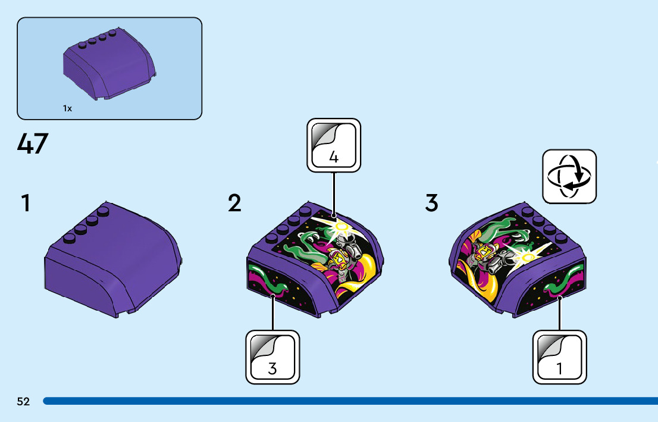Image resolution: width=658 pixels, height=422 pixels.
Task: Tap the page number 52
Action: click(x=23, y=401)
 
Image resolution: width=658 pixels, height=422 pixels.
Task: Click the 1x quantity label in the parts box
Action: click(x=67, y=108)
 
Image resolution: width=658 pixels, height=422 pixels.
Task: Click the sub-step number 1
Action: click(x=25, y=204)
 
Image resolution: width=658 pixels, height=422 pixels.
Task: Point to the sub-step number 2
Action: click(x=235, y=204)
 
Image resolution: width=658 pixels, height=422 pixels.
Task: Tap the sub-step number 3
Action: click(x=432, y=204)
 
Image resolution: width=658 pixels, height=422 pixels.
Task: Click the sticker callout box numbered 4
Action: click(x=334, y=145)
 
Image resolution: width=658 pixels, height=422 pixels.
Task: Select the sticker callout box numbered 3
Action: click(x=272, y=357)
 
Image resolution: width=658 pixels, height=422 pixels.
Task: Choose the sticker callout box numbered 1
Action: click(x=559, y=357)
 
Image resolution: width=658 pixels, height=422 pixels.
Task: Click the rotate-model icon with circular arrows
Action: click(x=569, y=176)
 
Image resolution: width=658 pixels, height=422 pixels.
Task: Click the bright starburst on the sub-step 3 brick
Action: click(x=527, y=257)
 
